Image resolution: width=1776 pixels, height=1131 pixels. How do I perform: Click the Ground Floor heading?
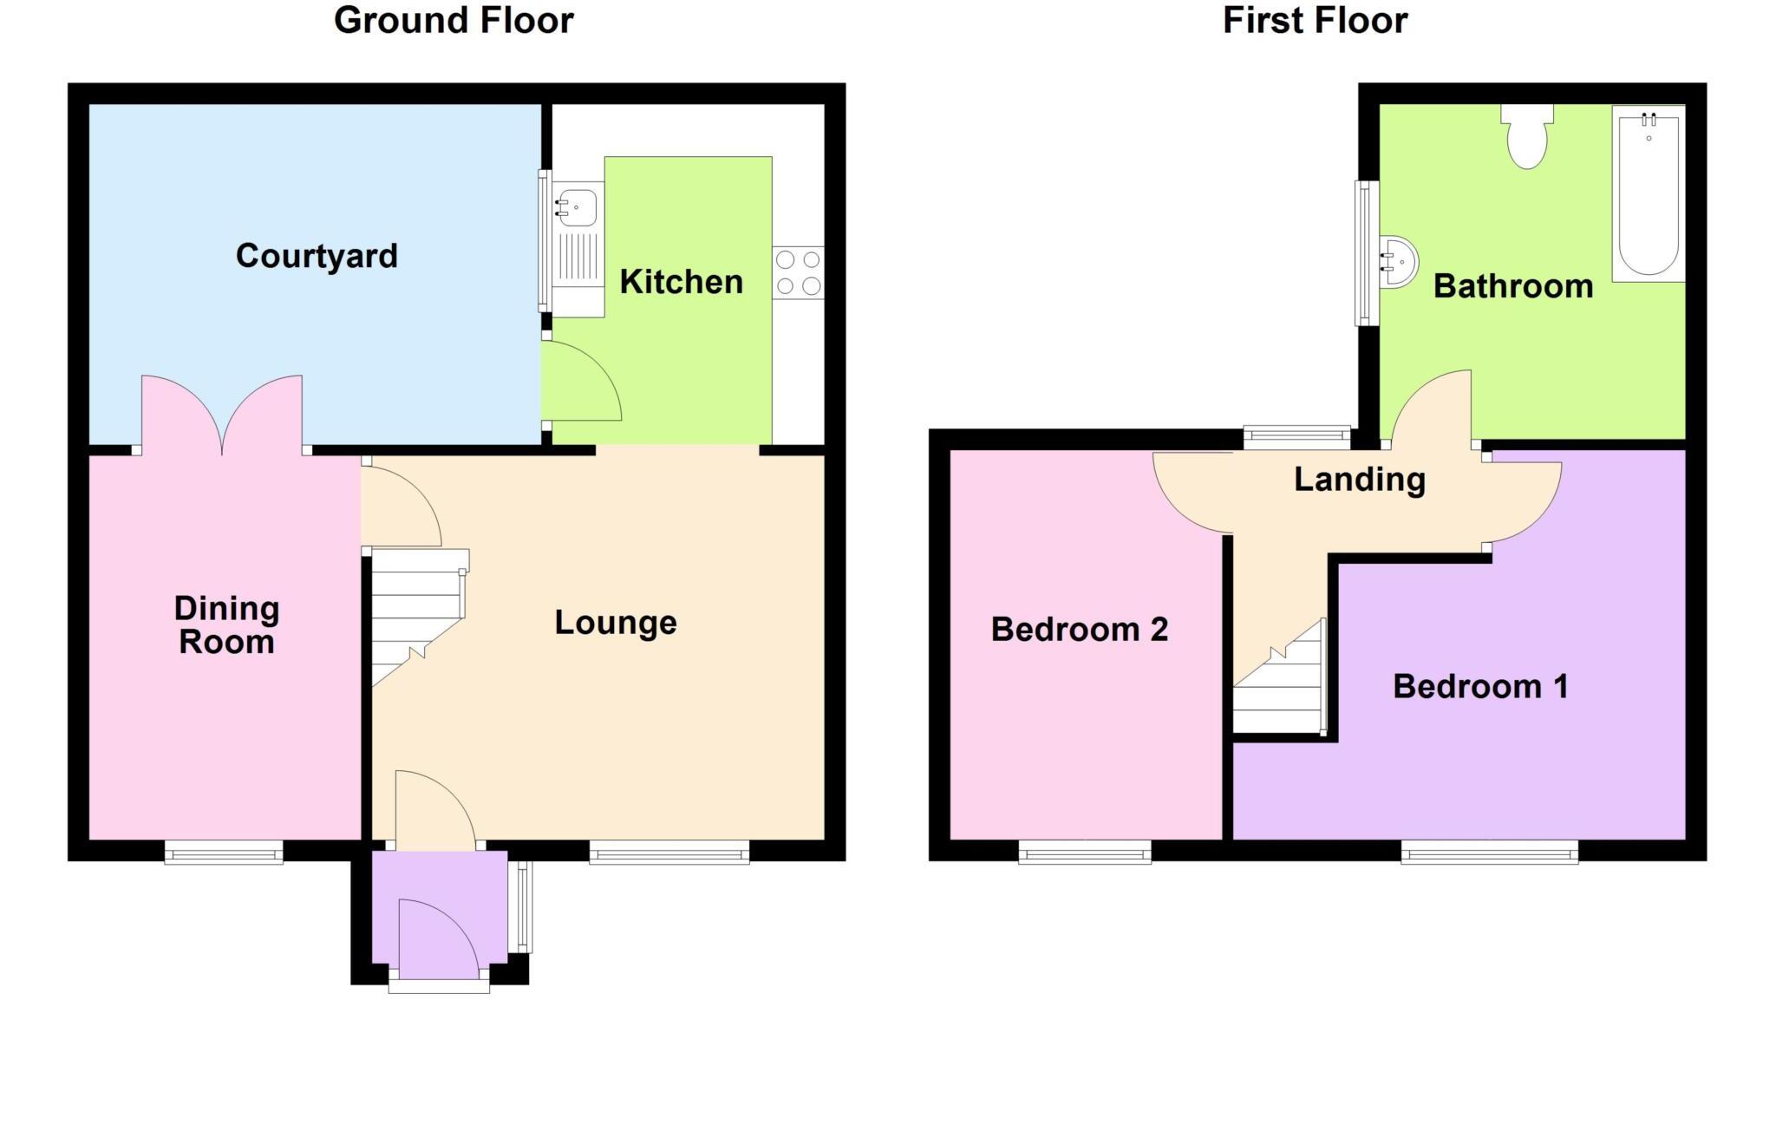(x=454, y=20)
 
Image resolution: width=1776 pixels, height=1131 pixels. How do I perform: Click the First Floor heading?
(x=1315, y=20)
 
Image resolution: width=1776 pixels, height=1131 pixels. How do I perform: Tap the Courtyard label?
(x=317, y=256)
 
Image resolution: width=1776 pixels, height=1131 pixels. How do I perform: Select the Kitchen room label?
(x=681, y=282)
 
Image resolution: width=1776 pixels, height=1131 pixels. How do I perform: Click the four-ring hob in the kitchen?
(x=798, y=273)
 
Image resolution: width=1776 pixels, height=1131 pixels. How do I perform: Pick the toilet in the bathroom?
(x=1527, y=139)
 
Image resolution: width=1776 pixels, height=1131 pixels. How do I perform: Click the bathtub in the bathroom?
(x=1648, y=195)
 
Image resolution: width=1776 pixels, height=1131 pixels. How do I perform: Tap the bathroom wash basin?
(x=1397, y=261)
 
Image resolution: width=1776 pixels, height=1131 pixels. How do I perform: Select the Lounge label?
(x=615, y=623)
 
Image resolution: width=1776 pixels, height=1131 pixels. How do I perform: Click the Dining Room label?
(x=226, y=625)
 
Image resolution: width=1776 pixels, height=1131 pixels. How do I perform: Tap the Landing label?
(x=1359, y=480)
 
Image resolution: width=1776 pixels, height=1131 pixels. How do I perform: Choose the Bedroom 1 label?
(x=1480, y=687)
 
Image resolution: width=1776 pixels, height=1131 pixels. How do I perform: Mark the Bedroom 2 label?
(x=1079, y=630)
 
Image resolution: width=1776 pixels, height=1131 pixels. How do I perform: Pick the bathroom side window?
(x=1366, y=253)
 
